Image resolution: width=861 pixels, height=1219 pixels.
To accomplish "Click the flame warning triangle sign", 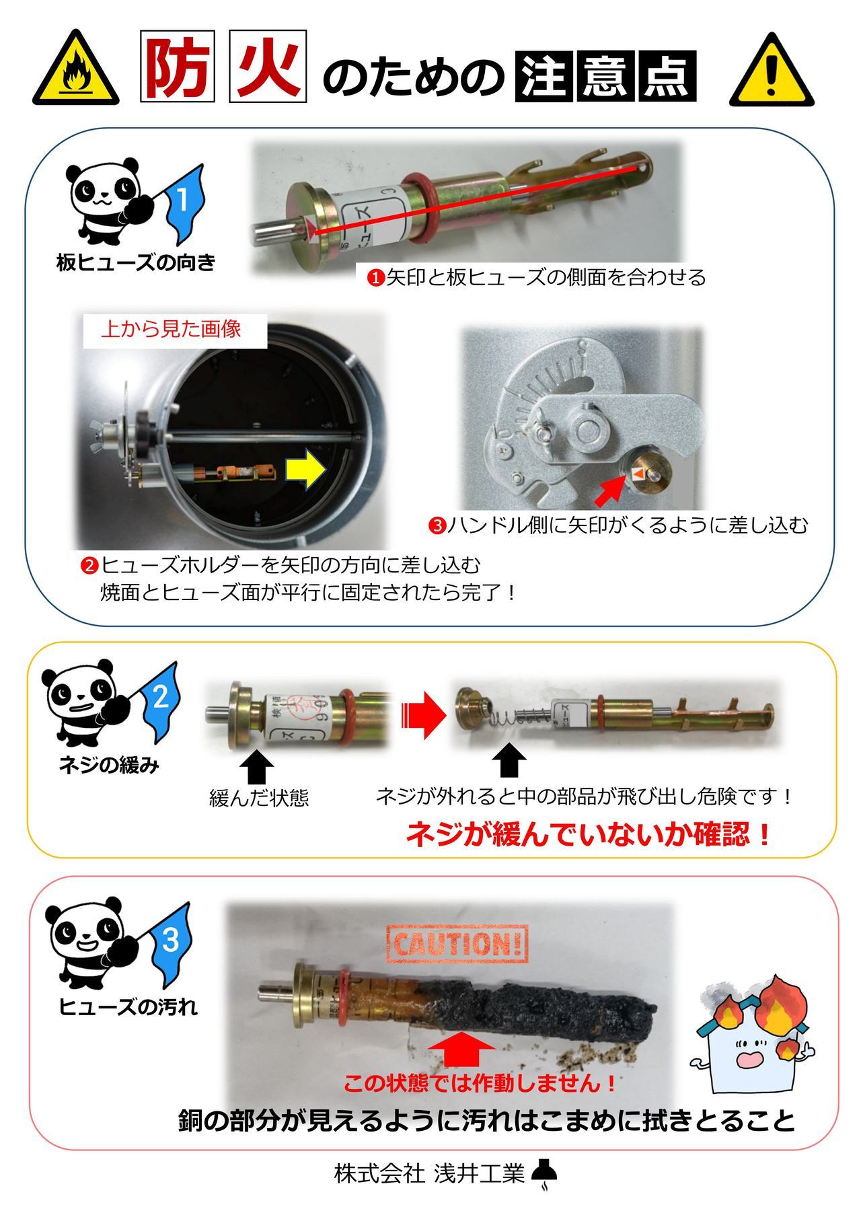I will point(75,71).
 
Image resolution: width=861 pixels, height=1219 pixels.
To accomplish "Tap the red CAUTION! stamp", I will point(457,943).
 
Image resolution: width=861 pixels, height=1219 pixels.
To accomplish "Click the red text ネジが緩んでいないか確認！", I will point(587,835).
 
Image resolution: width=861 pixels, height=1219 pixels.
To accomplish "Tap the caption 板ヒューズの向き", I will point(135,262).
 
